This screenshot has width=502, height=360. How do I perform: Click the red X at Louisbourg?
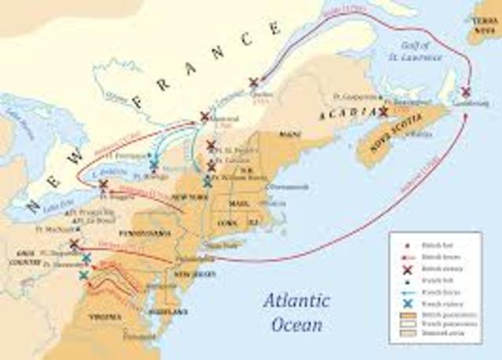tap(466, 92)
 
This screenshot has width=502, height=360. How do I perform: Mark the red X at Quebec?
tap(253, 82)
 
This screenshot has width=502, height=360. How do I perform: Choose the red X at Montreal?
tap(205, 116)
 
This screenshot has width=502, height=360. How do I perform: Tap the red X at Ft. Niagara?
tap(103, 185)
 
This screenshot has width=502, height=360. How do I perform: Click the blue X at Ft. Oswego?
tap(155, 165)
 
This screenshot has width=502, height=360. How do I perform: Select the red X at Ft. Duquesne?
tap(74, 245)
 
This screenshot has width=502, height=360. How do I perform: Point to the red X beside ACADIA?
tap(384, 112)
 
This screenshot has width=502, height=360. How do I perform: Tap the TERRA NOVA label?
tap(487, 17)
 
